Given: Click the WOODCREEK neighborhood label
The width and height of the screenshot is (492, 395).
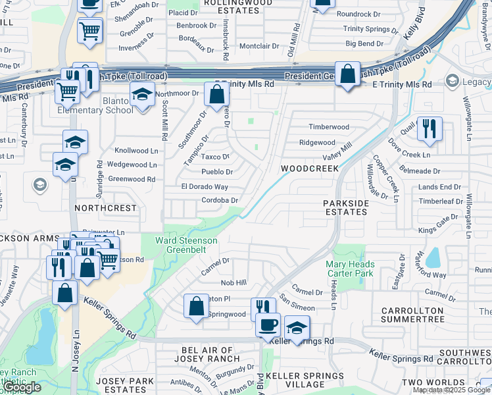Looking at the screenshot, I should [310, 169].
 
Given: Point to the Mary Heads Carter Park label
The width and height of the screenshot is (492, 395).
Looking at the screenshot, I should [349, 269].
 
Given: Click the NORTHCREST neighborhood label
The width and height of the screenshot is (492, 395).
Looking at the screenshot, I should [105, 207].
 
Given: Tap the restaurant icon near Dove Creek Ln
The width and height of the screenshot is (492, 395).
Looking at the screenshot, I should [429, 129].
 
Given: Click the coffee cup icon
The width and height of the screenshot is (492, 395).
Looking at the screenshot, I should [268, 325].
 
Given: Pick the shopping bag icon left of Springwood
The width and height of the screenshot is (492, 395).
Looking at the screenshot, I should [197, 306].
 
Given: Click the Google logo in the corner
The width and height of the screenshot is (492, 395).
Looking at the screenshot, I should [21, 387].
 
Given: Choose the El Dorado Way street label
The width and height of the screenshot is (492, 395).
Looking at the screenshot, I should [205, 187].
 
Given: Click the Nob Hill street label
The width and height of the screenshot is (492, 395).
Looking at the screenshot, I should [234, 282].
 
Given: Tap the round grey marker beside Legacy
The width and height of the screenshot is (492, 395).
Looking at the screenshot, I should [451, 81].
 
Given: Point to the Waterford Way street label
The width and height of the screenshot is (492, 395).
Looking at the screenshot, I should [431, 275].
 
